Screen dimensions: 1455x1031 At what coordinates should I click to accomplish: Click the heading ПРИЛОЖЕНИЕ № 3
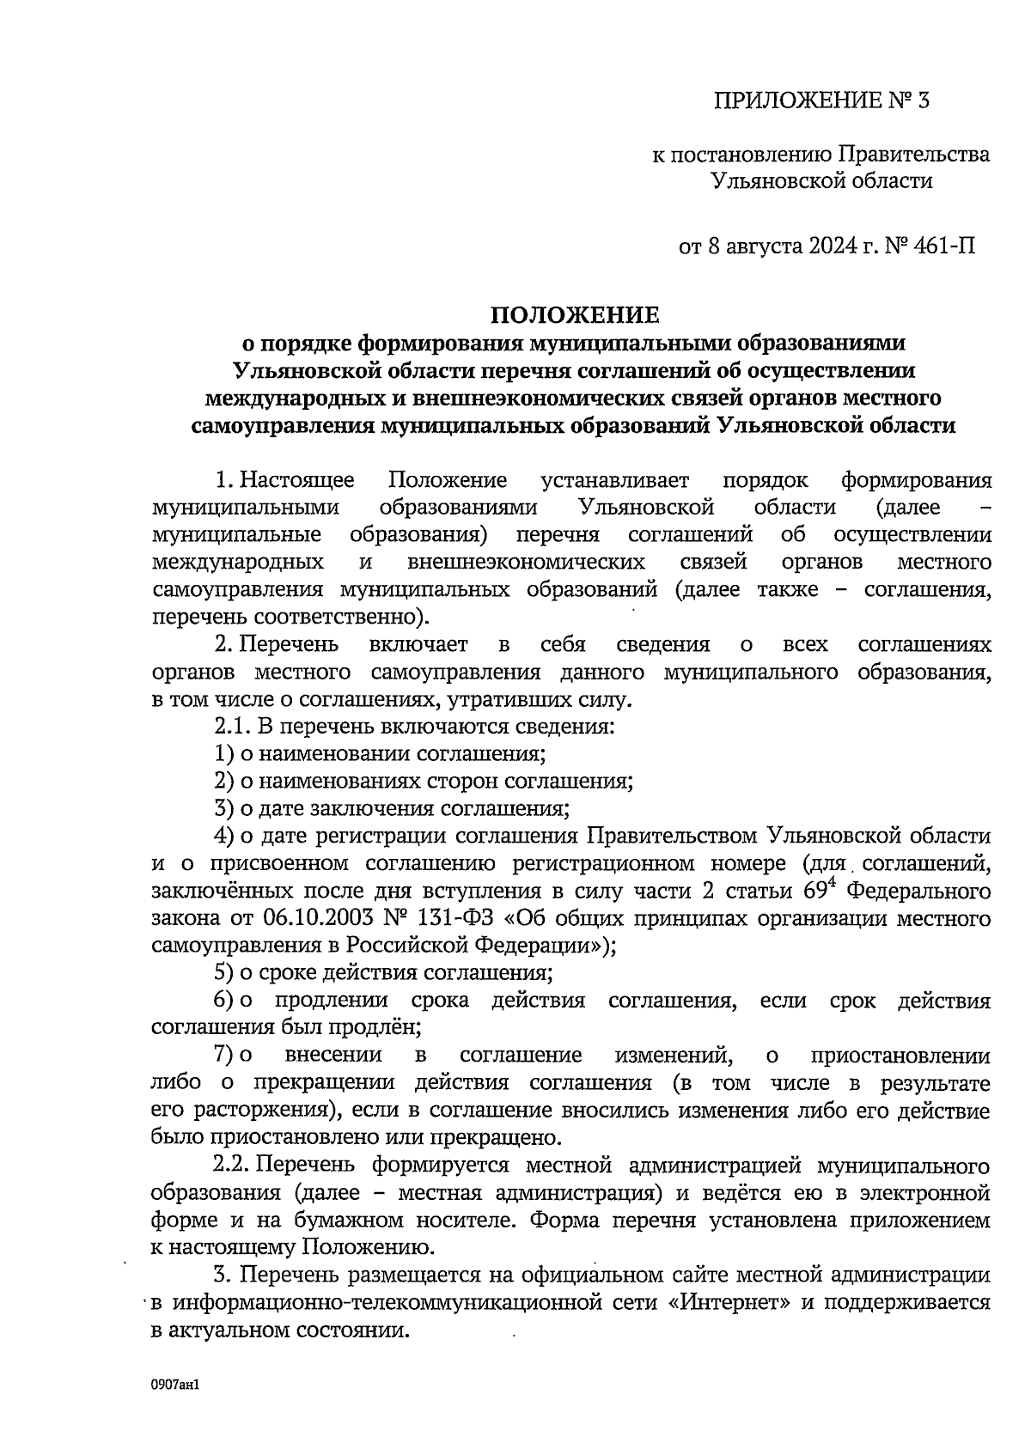point(821,101)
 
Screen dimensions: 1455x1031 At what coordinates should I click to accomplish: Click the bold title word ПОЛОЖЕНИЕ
point(574,314)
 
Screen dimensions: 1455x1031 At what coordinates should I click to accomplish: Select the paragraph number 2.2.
point(231,1166)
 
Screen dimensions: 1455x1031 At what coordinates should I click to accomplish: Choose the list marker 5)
point(224,972)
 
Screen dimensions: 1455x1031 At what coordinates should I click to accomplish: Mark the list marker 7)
point(224,1055)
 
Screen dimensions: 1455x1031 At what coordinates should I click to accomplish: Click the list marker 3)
point(224,808)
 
